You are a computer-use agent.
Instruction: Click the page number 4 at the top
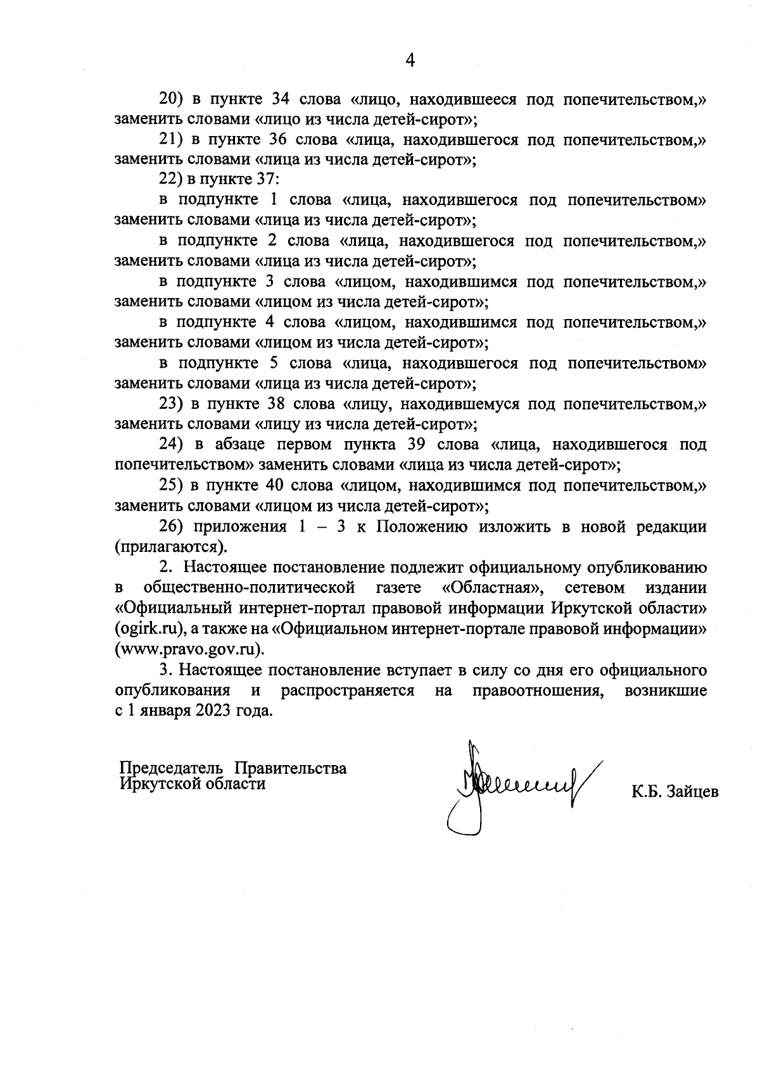click(410, 60)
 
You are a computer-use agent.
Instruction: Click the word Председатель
click(171, 768)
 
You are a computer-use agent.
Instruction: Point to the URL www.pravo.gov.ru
click(188, 650)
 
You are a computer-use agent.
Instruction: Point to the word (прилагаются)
click(170, 546)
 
